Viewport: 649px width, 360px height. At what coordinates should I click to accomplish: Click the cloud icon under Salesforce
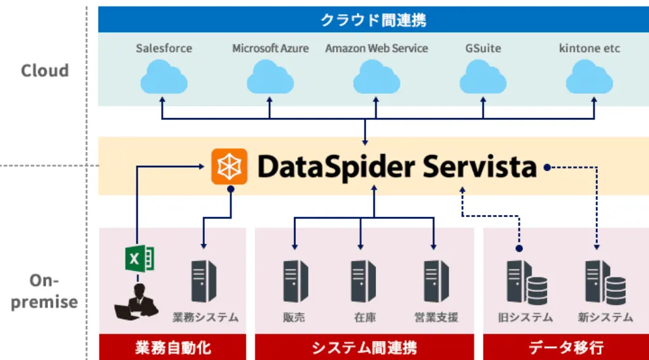click(x=163, y=77)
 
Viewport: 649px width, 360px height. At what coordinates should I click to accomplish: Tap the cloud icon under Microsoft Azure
click(x=270, y=77)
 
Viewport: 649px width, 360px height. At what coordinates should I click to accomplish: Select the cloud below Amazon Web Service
click(x=376, y=77)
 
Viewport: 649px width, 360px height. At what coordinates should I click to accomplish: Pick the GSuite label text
click(x=483, y=49)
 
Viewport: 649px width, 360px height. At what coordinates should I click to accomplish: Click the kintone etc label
click(x=589, y=49)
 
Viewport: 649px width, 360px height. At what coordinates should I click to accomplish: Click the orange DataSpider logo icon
click(x=229, y=167)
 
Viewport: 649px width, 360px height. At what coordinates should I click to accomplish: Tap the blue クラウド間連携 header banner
click(x=373, y=20)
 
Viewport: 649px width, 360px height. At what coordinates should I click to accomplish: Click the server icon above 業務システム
click(x=204, y=281)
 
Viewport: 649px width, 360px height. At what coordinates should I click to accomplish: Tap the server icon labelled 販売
click(x=295, y=281)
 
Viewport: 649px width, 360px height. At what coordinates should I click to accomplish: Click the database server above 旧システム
click(x=526, y=282)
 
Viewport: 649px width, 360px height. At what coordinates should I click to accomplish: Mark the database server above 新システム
click(x=604, y=282)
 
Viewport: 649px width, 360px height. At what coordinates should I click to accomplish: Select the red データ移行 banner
click(x=566, y=347)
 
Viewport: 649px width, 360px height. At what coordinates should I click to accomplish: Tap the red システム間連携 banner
click(x=364, y=347)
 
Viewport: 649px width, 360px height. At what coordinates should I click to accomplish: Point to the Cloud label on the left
click(x=45, y=71)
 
